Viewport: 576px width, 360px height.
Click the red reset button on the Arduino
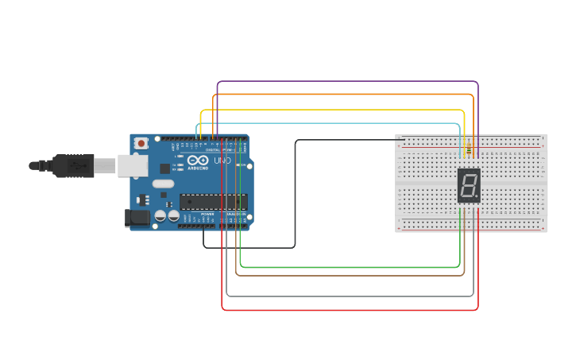click(x=141, y=144)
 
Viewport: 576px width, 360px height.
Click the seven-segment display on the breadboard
click(x=469, y=186)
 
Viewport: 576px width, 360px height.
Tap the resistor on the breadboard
click(x=469, y=149)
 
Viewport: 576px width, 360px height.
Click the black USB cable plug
click(x=75, y=165)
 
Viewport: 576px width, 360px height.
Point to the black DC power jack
click(x=137, y=217)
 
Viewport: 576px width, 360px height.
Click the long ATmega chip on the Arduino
click(x=213, y=203)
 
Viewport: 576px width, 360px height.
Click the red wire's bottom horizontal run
click(x=350, y=309)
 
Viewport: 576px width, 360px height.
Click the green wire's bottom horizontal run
click(x=350, y=268)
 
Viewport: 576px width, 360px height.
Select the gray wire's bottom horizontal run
click(x=350, y=296)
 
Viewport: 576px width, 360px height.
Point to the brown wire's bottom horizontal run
click(x=350, y=276)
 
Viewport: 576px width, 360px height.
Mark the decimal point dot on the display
click(x=478, y=197)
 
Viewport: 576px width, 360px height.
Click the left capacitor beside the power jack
click(x=160, y=215)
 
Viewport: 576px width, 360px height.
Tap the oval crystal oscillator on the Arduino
click(x=163, y=184)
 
